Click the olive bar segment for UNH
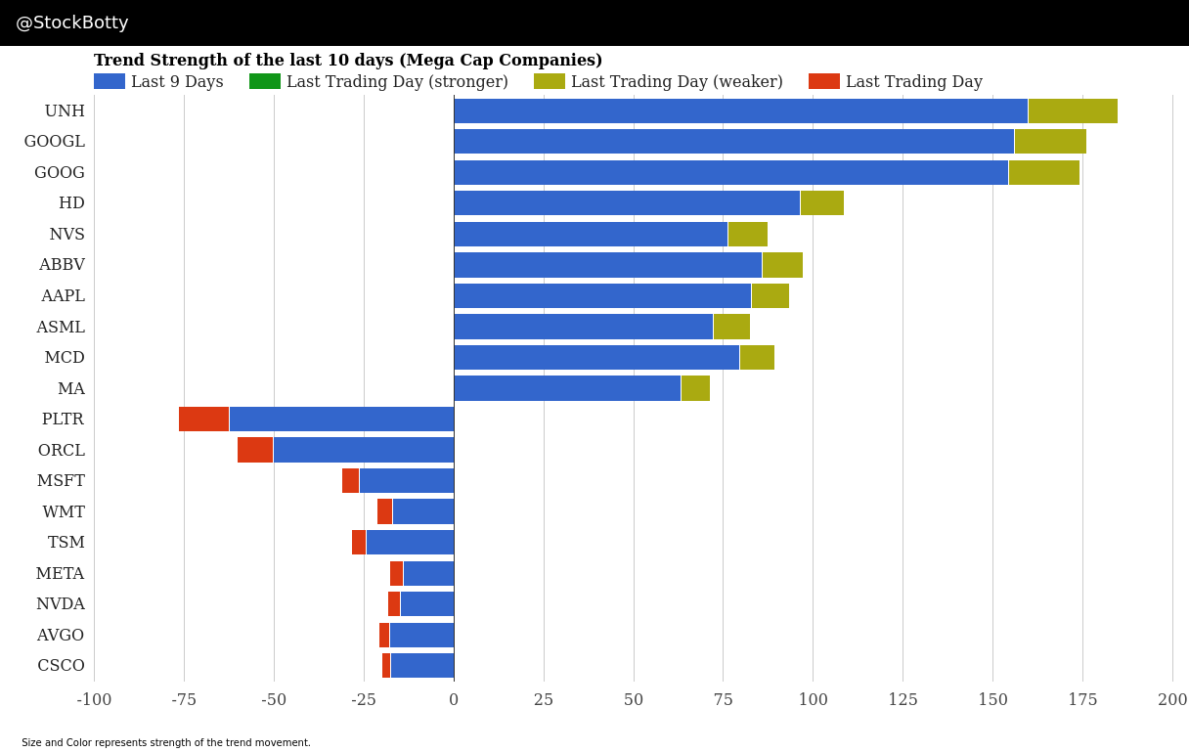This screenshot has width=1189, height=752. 1073,111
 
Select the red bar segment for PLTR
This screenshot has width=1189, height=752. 203,419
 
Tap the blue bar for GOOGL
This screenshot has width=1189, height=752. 733,142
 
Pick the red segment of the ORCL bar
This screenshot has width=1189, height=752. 255,450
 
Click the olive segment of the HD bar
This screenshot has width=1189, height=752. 821,203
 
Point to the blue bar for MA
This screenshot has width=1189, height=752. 567,388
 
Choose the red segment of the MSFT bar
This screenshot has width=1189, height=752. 350,480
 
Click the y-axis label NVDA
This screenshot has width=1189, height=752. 61,604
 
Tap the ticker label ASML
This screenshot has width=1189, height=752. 61,327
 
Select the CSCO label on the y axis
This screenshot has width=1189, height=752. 61,666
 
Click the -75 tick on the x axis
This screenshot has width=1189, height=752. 184,700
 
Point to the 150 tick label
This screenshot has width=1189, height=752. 992,700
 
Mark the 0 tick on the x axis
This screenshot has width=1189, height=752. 454,700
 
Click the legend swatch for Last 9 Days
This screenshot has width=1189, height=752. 110,82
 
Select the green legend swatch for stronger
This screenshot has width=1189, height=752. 265,82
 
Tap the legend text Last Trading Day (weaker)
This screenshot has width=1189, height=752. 677,82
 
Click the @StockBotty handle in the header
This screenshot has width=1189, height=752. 72,22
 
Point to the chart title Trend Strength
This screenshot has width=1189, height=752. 348,61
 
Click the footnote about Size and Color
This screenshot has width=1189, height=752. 166,743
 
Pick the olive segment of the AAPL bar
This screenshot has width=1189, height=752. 771,295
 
